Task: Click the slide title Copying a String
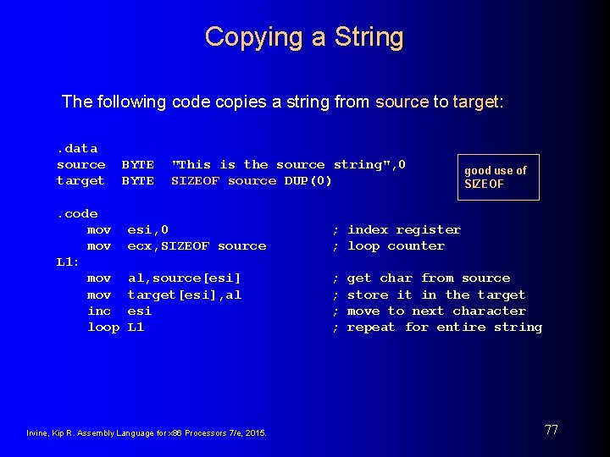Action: pos(304,37)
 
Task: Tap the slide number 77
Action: pos(551,430)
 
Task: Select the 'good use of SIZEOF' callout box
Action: pos(498,177)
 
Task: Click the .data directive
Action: pos(77,148)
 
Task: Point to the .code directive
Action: pos(77,213)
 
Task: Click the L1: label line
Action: pos(68,262)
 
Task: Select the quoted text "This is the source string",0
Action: pos(288,164)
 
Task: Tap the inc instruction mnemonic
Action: pos(99,311)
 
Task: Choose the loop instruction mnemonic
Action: pos(103,327)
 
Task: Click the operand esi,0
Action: pos(147,229)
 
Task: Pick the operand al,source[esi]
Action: pos(184,278)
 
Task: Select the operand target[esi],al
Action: pos(184,295)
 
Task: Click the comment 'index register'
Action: pos(404,229)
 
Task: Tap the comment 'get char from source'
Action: pos(429,278)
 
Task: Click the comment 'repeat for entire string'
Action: pos(444,327)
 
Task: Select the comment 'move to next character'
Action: pos(436,311)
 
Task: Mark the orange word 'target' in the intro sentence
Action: pos(476,102)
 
